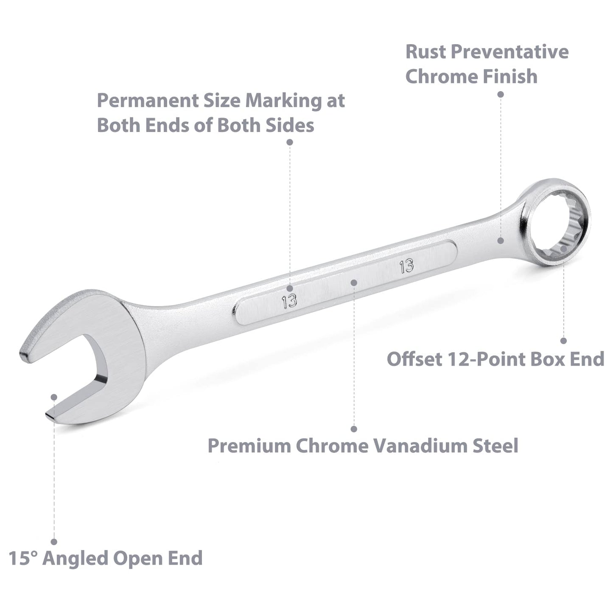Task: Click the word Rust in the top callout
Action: click(425, 52)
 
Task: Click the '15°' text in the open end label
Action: click(23, 558)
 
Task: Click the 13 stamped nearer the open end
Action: click(289, 301)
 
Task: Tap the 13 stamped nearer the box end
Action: click(406, 266)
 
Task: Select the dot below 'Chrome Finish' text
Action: click(501, 94)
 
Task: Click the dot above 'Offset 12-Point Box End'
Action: click(563, 341)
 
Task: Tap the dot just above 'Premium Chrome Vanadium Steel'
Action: click(354, 429)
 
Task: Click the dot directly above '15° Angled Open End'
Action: click(54, 542)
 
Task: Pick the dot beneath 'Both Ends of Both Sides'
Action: click(290, 142)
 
